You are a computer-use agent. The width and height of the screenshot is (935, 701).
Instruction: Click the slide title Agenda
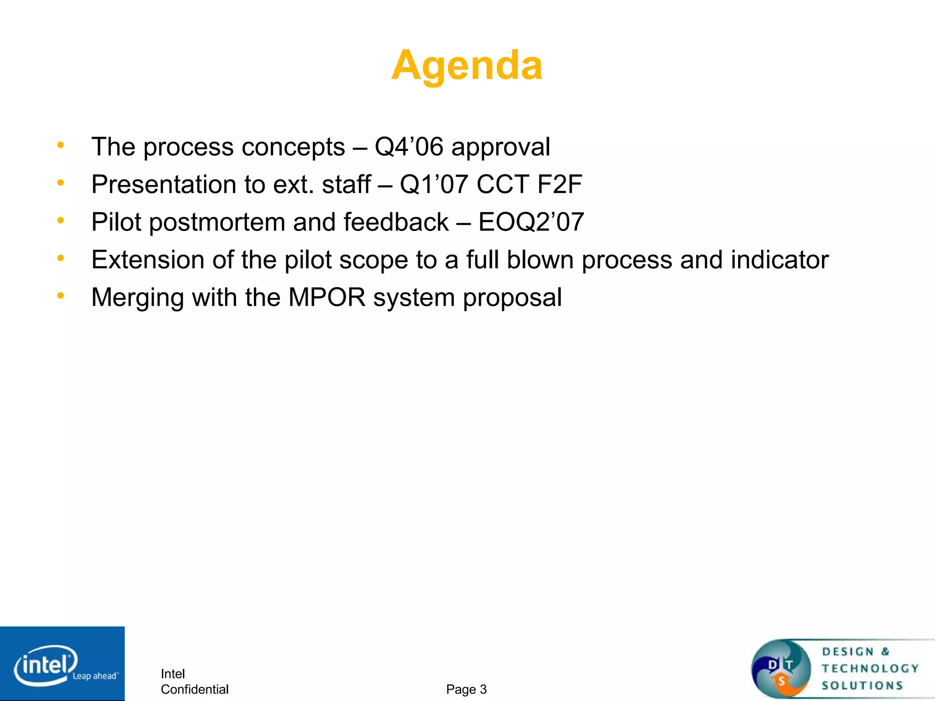coord(467,65)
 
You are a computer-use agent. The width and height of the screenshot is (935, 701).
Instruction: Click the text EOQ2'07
coord(531,222)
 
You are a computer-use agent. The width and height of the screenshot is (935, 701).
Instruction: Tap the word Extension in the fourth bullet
coord(147,260)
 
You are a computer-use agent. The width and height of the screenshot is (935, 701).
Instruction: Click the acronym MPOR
coord(327,298)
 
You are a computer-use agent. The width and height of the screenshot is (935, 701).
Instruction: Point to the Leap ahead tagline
coord(95,676)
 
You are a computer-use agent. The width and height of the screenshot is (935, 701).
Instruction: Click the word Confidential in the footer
coord(194,689)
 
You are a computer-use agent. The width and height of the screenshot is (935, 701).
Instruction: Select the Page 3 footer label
coord(466,689)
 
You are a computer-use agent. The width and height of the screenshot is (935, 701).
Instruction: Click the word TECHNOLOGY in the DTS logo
coord(870,669)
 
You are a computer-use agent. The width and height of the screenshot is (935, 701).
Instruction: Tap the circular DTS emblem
coord(781,669)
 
